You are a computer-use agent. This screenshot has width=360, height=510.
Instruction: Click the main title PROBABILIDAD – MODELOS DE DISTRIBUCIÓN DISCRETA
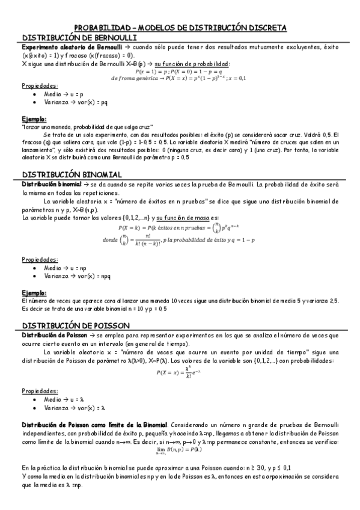[x=180, y=28]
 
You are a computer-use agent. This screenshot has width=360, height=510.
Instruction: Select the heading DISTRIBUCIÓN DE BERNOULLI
[x=78, y=37]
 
